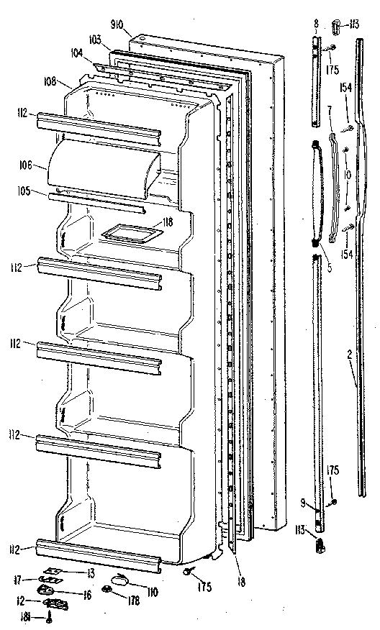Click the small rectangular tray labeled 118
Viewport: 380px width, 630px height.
point(129,232)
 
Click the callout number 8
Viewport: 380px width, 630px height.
point(316,24)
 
